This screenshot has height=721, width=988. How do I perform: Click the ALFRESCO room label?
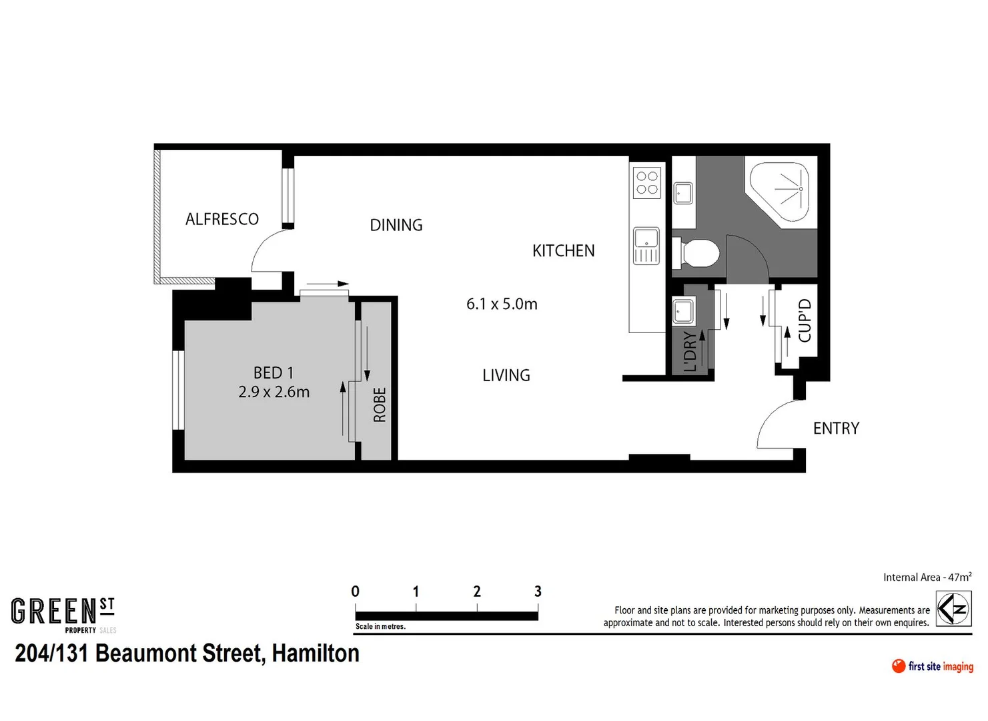[x=222, y=219]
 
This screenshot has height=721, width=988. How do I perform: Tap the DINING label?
[x=396, y=225]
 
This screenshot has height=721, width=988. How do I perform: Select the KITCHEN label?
[x=563, y=251]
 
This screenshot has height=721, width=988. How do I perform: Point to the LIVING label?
[x=506, y=375]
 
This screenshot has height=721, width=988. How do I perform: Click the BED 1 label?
[x=274, y=373]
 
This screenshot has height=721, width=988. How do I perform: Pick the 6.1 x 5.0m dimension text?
[x=502, y=304]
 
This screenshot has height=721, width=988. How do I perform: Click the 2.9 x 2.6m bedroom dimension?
[x=274, y=392]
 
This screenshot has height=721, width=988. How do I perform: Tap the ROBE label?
[x=380, y=405]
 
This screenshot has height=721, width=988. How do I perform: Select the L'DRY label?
[x=690, y=351]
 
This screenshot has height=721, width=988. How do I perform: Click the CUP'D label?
[x=805, y=320]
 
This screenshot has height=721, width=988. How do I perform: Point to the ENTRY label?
[x=836, y=428]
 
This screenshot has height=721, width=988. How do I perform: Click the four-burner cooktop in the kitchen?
[x=647, y=182]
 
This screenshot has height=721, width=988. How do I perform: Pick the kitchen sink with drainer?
[x=646, y=246]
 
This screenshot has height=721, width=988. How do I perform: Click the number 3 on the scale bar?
[x=538, y=591]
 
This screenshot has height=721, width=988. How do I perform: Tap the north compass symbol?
[x=953, y=608]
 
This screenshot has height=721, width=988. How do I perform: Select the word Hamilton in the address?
[x=316, y=653]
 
